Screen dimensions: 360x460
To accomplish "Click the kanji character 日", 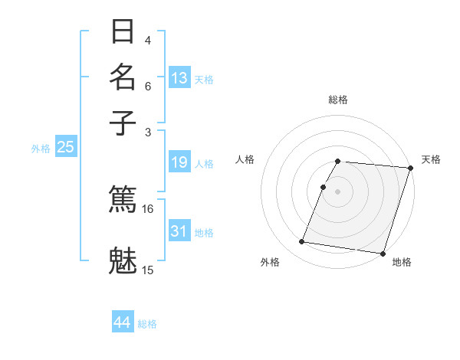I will click(123, 34).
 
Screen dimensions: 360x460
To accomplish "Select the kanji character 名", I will click(123, 78).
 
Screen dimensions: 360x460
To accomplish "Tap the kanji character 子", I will click(123, 122).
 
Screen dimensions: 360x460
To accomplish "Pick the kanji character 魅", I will click(123, 259).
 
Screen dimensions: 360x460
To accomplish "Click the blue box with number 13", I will click(179, 78).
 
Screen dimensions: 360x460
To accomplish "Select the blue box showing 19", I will click(179, 162).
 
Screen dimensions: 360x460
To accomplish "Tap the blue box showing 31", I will click(179, 231).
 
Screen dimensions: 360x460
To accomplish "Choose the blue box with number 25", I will click(65, 147).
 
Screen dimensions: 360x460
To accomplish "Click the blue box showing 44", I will click(123, 322).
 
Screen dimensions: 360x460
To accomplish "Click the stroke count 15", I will click(148, 270).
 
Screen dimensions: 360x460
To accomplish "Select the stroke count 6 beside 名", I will click(148, 87).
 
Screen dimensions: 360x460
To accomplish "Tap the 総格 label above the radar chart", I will click(338, 100).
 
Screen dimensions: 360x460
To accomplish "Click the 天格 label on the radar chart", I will click(431, 159).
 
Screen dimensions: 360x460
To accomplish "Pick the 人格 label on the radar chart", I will click(245, 159).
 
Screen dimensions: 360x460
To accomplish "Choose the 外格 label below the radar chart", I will click(270, 262).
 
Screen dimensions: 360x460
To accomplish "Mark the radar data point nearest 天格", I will click(410, 168).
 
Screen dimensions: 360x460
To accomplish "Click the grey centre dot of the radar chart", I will click(338, 191).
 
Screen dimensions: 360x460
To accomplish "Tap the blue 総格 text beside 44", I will click(147, 324).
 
